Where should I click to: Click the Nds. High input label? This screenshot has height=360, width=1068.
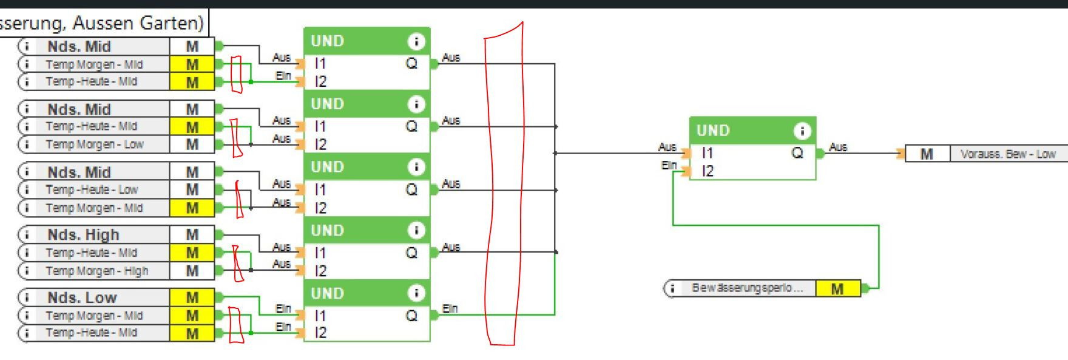[83, 235]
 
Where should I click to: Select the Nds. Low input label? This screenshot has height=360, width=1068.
[82, 297]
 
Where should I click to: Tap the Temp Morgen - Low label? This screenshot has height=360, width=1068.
[94, 144]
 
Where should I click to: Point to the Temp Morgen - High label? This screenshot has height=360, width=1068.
[96, 271]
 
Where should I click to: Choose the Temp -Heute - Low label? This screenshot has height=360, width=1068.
[92, 189]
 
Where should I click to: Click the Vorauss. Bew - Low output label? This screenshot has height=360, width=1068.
[1008, 154]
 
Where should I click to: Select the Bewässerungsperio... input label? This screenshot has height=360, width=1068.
[747, 288]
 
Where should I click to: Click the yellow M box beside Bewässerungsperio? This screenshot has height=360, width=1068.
[837, 289]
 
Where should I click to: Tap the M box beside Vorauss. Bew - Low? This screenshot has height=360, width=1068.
[927, 154]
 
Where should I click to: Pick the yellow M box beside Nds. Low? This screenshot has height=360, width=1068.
[192, 297]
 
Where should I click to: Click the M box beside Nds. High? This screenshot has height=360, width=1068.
[192, 235]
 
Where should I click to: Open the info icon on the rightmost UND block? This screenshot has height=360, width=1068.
[802, 131]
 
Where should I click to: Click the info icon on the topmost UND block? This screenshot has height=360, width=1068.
[416, 41]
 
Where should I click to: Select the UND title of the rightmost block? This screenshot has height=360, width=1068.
[713, 131]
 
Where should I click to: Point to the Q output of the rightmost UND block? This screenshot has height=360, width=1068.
[797, 153]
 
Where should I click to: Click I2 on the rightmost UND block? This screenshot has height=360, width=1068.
[708, 172]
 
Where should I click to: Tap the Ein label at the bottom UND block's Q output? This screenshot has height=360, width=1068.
[450, 308]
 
